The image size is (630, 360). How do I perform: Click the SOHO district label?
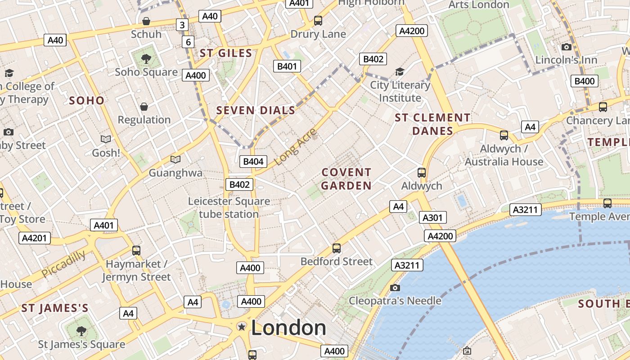click(86, 100)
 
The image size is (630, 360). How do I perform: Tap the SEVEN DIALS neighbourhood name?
click(256, 110)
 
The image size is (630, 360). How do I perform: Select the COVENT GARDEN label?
click(346, 179)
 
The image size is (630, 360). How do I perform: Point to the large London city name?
click(288, 328)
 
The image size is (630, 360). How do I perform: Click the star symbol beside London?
click(242, 327)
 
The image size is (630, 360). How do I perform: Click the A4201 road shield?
click(35, 238)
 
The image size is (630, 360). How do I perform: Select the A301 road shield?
click(432, 218)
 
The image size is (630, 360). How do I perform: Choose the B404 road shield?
click(254, 162)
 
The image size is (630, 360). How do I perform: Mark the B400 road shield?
click(585, 81)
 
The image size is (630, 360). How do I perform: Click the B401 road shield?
click(287, 67)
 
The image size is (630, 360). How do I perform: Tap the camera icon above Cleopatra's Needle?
click(395, 288)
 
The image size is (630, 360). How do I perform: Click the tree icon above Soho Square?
click(146, 58)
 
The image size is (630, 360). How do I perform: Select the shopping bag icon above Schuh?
click(146, 21)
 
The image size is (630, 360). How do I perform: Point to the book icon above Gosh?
click(106, 139)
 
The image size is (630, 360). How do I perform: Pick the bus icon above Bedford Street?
click(336, 248)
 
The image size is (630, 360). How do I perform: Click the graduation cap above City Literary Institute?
click(400, 72)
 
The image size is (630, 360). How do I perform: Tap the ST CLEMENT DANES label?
click(432, 124)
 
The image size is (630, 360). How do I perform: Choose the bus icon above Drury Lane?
click(318, 20)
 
